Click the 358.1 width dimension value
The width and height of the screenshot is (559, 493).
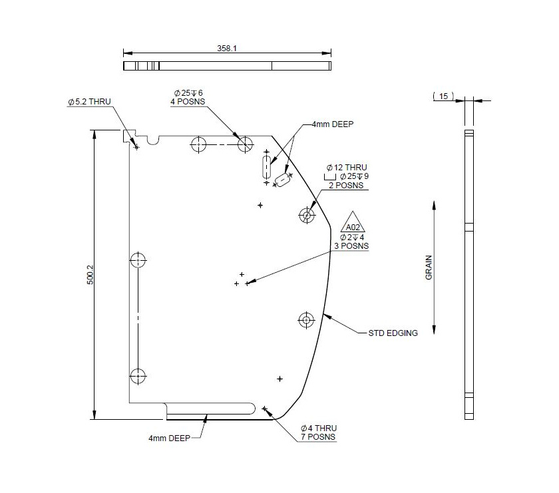pyautogui.click(x=227, y=49)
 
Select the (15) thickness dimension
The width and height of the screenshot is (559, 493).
pyautogui.click(x=443, y=96)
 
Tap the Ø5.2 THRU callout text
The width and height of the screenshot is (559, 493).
pyautogui.click(x=89, y=102)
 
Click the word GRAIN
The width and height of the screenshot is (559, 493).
pyautogui.click(x=429, y=267)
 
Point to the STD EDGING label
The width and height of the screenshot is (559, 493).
pyautogui.click(x=393, y=333)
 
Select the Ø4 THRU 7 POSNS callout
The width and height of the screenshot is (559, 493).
pyautogui.click(x=319, y=432)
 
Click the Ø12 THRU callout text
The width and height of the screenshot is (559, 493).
pyautogui.click(x=346, y=167)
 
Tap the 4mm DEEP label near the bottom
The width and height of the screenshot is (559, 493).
pyautogui.click(x=170, y=438)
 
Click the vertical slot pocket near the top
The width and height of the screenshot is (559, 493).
pyautogui.click(x=267, y=166)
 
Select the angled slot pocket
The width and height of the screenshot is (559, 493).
pyautogui.click(x=283, y=180)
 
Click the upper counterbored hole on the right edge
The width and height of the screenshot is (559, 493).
pyautogui.click(x=307, y=215)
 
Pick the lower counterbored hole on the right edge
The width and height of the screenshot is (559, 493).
pyautogui.click(x=306, y=320)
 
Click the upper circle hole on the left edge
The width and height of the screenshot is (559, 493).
pyautogui.click(x=138, y=259)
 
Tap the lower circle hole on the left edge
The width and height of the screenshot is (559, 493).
pyautogui.click(x=138, y=375)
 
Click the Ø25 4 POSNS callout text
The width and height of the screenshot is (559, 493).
pyautogui.click(x=187, y=97)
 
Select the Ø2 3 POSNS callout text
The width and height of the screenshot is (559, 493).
pyautogui.click(x=353, y=242)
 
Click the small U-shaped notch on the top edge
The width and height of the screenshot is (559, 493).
pyautogui.click(x=154, y=139)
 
